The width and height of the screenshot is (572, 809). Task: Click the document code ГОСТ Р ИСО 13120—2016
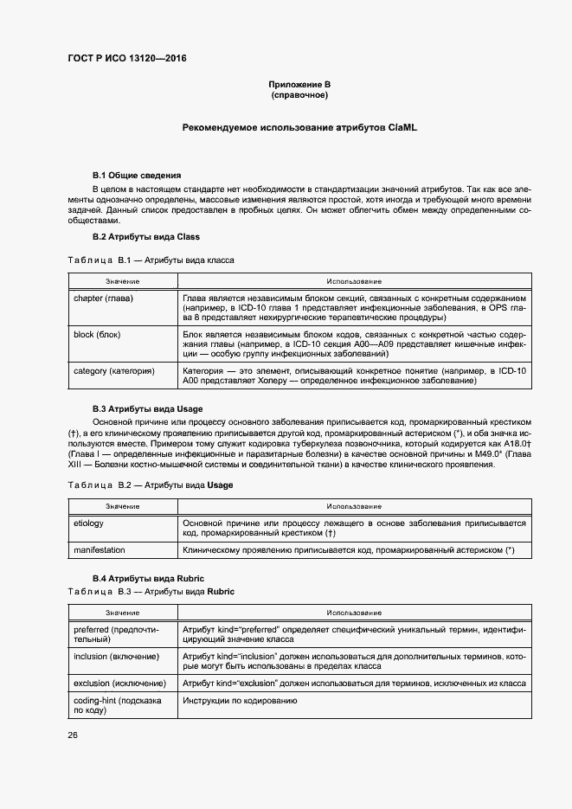click(x=126, y=59)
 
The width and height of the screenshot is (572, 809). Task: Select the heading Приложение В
click(x=299, y=84)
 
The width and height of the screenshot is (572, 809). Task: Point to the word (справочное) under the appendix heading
click(x=299, y=94)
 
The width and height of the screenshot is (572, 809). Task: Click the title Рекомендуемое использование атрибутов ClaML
click(x=299, y=127)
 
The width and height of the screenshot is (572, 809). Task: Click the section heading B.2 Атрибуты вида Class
click(x=146, y=236)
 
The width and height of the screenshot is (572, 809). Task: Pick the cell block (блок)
click(x=97, y=333)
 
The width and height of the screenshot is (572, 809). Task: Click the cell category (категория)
click(x=114, y=370)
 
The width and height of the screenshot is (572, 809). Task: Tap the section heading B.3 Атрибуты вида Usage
click(x=149, y=408)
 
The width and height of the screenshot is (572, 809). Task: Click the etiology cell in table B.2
click(x=88, y=523)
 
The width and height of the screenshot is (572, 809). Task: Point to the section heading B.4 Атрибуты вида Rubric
click(x=148, y=577)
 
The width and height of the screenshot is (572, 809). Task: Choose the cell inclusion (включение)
click(x=116, y=657)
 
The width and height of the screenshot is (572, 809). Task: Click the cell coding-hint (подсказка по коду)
click(x=118, y=704)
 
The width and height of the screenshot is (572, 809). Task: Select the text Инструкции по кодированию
click(x=240, y=700)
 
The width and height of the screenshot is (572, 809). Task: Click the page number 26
click(x=73, y=735)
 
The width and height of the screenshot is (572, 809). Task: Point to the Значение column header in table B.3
click(x=123, y=613)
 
